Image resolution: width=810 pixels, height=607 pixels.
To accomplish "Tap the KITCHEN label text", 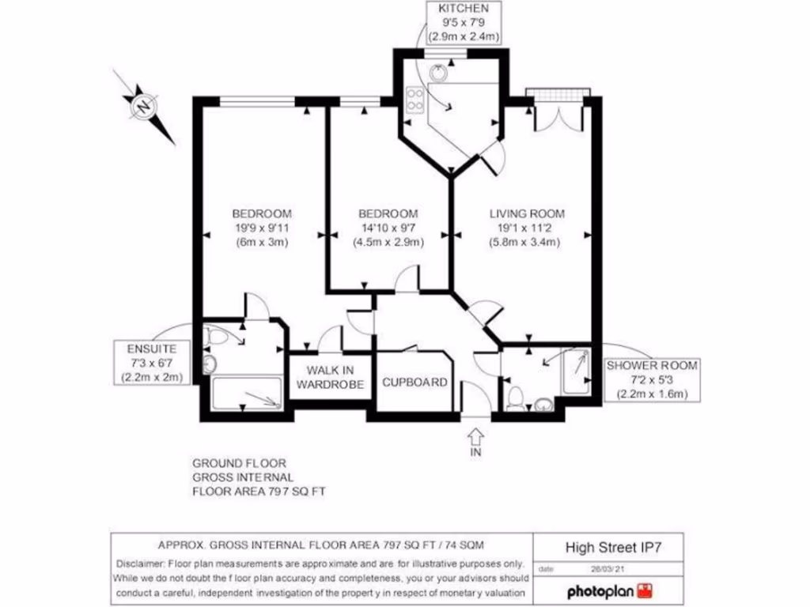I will pos(458,9).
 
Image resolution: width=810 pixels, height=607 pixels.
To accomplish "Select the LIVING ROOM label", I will pos(526,213).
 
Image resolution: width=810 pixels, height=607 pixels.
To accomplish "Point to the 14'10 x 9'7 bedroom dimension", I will pos(388,228).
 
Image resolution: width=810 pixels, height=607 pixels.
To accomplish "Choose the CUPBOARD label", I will pos(414,383).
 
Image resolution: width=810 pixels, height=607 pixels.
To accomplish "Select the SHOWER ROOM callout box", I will pos(652,379).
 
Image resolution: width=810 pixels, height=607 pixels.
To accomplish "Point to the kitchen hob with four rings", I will pos(414,100).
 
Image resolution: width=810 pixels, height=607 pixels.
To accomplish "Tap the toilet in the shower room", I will pos(514,398).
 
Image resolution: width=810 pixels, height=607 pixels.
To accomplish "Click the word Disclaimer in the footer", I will pos(138,564).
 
